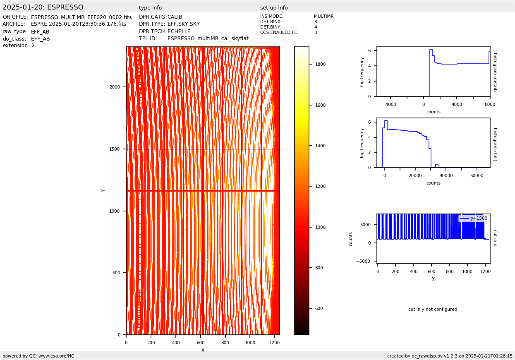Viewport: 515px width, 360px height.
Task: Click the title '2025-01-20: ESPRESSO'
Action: point(43,7)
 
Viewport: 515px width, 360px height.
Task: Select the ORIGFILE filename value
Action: point(81,17)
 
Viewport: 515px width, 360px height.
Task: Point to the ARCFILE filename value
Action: point(79,24)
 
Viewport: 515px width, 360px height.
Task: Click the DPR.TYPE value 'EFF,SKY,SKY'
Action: point(183,24)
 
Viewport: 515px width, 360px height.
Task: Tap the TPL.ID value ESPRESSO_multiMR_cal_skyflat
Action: point(208,38)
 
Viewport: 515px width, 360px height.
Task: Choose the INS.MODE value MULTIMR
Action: point(323,17)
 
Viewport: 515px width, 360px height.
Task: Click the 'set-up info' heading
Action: point(274,8)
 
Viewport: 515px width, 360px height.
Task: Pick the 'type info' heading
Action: point(150,8)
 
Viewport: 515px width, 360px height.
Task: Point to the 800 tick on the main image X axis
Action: point(225,343)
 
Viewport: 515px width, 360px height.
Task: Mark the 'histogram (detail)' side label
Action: point(495,72)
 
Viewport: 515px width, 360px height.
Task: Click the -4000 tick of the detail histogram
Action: point(390,105)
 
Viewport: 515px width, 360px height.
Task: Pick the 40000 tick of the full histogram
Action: point(446,176)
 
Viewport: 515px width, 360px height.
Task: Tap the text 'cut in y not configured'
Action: point(433,310)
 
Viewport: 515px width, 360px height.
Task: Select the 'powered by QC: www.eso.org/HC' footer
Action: point(38,356)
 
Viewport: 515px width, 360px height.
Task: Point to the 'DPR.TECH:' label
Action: point(153,31)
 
